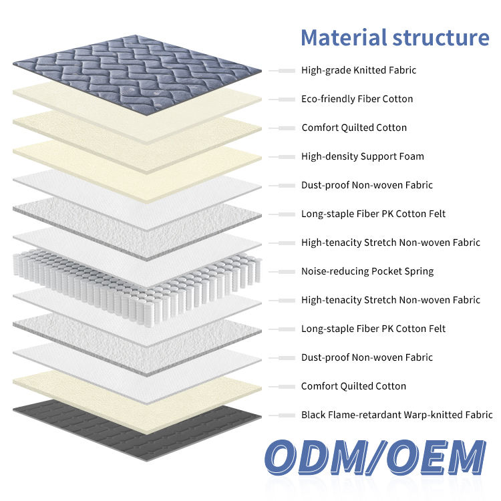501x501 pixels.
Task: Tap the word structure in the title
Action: point(441,37)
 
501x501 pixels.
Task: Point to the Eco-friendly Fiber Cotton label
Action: point(357,99)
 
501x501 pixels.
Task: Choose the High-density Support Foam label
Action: point(362,156)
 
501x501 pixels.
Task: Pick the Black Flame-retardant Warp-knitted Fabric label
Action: point(397,415)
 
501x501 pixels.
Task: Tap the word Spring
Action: point(419,271)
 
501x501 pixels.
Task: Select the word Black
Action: point(313,415)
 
